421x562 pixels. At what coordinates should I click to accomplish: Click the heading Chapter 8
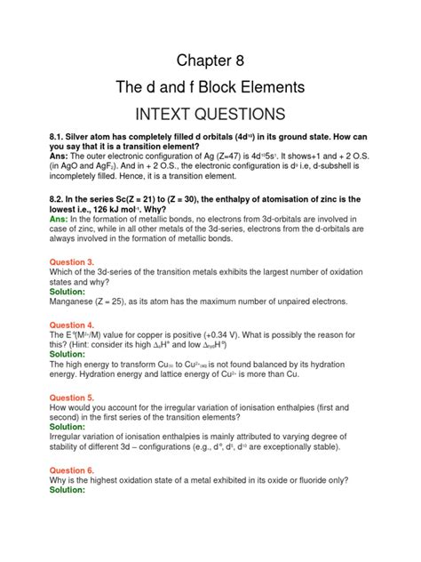210,60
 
